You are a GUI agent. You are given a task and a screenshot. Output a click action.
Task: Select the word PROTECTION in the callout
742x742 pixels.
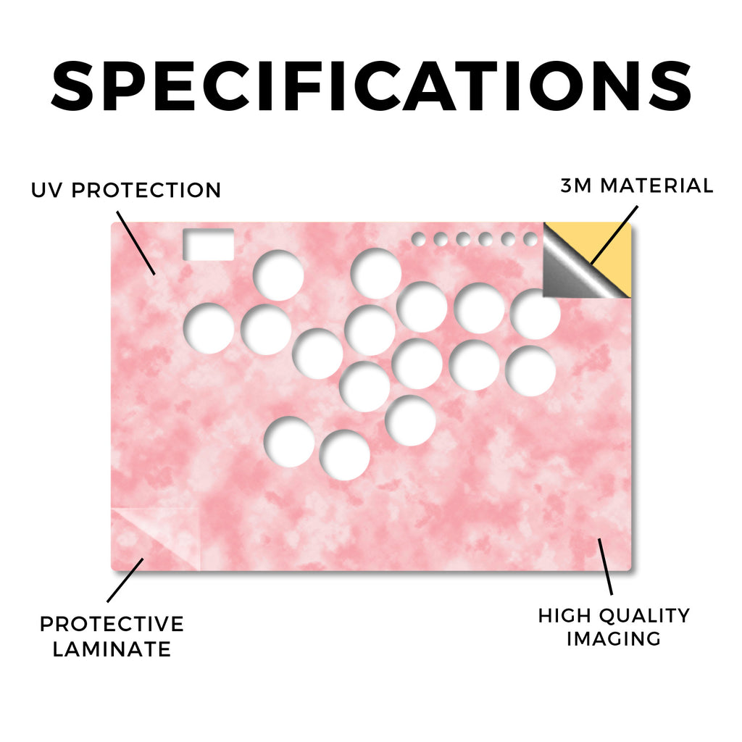tap(146, 191)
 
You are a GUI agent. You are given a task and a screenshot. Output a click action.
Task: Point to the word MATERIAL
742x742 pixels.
tap(656, 185)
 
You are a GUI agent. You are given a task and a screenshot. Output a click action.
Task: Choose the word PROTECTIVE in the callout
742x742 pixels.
tap(112, 624)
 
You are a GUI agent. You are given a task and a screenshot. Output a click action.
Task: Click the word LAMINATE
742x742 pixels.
tap(112, 649)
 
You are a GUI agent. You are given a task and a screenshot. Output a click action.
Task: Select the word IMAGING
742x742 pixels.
tap(614, 639)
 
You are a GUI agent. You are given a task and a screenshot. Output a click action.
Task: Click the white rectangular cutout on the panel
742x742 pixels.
tap(208, 245)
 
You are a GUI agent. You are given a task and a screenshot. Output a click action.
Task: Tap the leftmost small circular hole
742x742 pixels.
tap(418, 239)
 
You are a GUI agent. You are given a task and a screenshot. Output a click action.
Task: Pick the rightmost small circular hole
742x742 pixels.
tap(530, 239)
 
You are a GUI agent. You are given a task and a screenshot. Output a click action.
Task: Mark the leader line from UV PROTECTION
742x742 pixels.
tap(136, 243)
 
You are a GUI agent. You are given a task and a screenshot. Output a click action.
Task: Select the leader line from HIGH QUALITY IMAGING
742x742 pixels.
tap(605, 567)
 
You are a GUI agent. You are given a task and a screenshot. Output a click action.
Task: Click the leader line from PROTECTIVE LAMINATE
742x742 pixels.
tap(125, 580)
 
